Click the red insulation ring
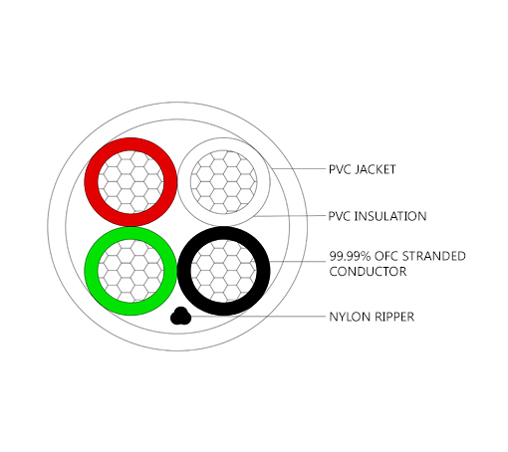pos(92,182)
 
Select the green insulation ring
pos(92,271)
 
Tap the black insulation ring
pos(184,271)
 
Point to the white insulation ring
pos(184,182)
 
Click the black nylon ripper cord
pos(180,317)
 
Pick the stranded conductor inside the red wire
pos(130,182)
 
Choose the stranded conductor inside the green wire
pos(130,271)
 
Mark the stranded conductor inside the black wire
pos(223,271)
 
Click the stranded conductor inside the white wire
pos(223,182)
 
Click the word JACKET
pos(376,169)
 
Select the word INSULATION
pos(390,216)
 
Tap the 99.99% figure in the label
pos(351,256)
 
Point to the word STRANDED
pos(434,256)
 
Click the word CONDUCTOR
pos(368,271)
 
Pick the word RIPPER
pos(393,317)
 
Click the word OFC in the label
pos(386,256)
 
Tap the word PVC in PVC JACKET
pos(341,169)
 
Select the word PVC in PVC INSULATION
pos(340,216)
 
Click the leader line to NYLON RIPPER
pos(258,317)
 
